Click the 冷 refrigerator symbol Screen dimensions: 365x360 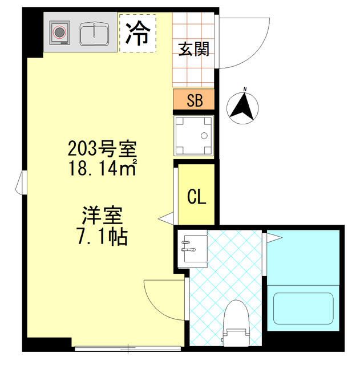point(137,34)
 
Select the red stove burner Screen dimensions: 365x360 point(59,32)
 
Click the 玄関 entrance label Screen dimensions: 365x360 point(193,49)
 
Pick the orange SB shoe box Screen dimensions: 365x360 point(194,100)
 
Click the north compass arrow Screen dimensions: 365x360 point(242,106)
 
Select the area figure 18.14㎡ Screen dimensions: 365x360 point(102,169)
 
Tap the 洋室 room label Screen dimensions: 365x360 point(102,216)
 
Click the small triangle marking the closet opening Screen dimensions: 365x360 point(165,217)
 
